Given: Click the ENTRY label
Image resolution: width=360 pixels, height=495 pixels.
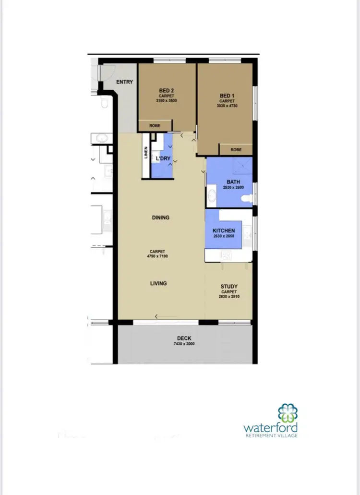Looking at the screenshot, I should [x=124, y=82].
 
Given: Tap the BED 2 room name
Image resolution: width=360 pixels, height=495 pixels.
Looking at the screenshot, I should [x=167, y=90].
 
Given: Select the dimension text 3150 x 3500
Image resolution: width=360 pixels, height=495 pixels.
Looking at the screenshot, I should [x=167, y=101].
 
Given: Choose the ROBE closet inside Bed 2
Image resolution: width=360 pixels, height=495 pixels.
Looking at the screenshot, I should [x=155, y=126].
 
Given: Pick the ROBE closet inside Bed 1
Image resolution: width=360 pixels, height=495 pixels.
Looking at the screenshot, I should [x=236, y=150].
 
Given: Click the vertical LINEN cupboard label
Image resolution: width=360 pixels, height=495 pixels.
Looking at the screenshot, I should [x=146, y=152].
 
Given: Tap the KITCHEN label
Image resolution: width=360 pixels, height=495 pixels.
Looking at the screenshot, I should [x=224, y=231].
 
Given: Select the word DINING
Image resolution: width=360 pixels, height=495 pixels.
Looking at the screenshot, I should [x=160, y=217].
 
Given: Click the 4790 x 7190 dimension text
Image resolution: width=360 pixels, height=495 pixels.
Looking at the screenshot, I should [x=157, y=256].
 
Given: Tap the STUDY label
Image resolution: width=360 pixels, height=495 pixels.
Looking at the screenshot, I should [x=229, y=287].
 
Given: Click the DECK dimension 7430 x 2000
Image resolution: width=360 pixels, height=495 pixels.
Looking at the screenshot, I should [x=184, y=344].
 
